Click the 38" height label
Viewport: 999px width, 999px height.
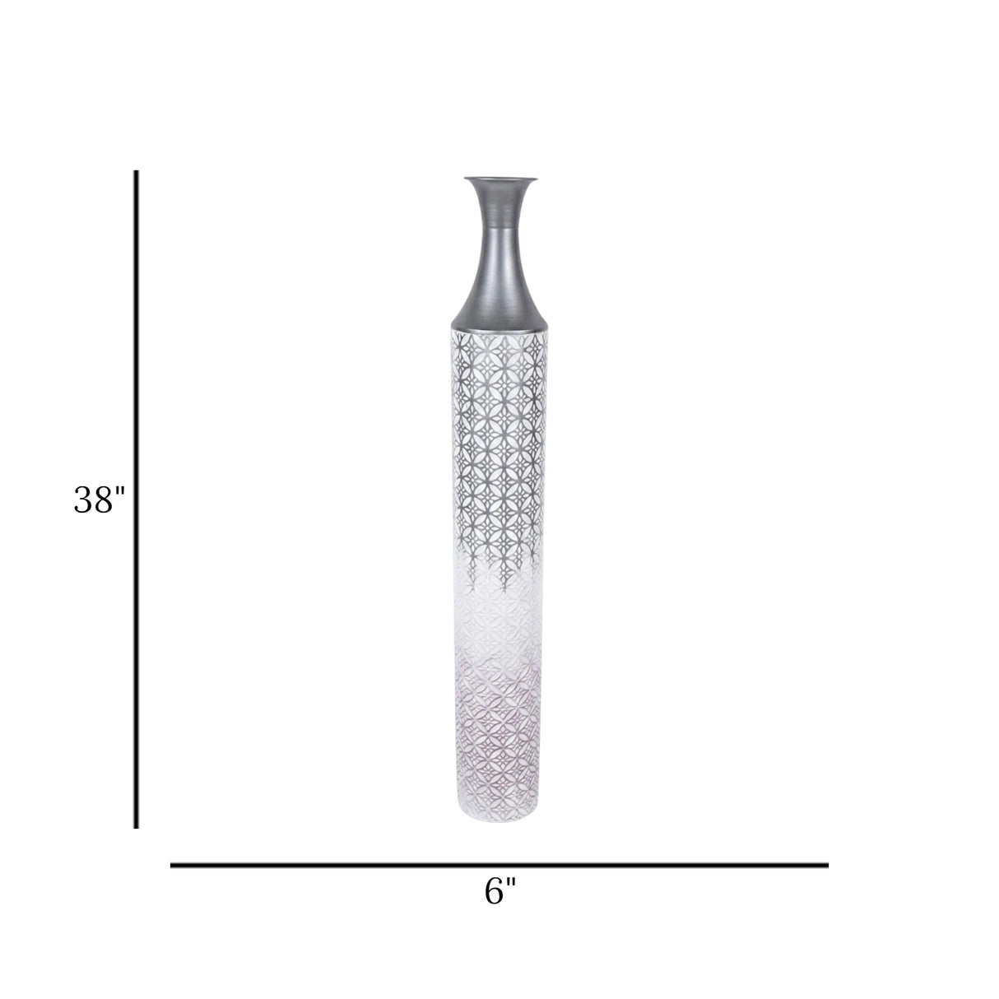[x=100, y=499]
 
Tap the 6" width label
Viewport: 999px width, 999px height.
[x=500, y=892]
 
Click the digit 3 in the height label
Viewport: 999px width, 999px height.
[x=83, y=500]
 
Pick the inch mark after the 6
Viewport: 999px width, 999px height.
[x=512, y=882]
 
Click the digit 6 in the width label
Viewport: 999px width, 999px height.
[x=494, y=892]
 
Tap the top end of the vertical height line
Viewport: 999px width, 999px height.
[x=137, y=170]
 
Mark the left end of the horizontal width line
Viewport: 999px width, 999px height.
[x=171, y=865]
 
